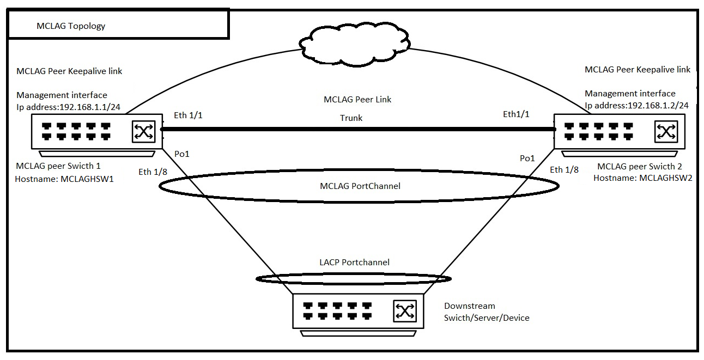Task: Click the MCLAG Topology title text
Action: pyautogui.click(x=71, y=26)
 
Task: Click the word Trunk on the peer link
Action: pyautogui.click(x=351, y=118)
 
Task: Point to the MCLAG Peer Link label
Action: pyautogui.click(x=357, y=100)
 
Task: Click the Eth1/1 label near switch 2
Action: pyautogui.click(x=516, y=114)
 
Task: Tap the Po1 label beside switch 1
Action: pyautogui.click(x=181, y=154)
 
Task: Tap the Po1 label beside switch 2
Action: pyautogui.click(x=527, y=158)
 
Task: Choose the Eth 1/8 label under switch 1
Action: pyautogui.click(x=152, y=172)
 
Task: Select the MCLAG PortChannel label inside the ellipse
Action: pyautogui.click(x=360, y=186)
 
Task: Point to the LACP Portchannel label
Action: pyautogui.click(x=354, y=263)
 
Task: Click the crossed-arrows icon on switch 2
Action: pyautogui.click(x=666, y=131)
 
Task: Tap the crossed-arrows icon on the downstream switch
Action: pyautogui.click(x=404, y=311)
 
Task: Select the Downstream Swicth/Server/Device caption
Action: pyautogui.click(x=486, y=312)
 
